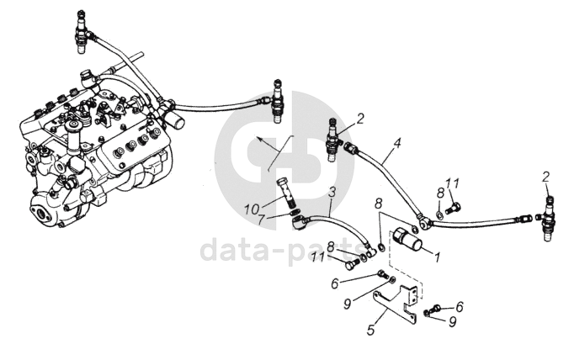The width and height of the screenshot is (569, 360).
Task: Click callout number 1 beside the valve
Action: (x=437, y=257)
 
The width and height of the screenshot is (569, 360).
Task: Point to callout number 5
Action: (x=370, y=331)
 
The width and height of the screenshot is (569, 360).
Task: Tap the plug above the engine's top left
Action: (x=81, y=24)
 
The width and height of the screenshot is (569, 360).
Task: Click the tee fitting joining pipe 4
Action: (x=427, y=223)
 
